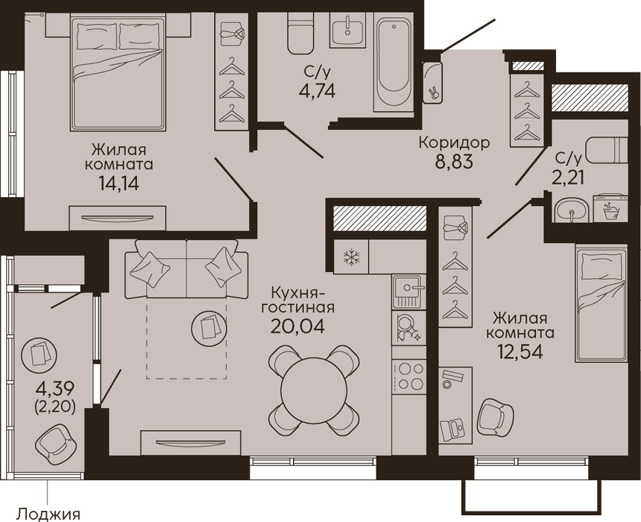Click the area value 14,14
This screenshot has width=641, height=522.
[x=119, y=183]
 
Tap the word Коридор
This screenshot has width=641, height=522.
[x=454, y=142]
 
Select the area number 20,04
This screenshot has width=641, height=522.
[x=297, y=326]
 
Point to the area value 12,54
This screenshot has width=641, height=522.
[x=520, y=351]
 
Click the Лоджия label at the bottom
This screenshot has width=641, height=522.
[x=48, y=513]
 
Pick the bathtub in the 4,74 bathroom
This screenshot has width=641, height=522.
[x=394, y=61]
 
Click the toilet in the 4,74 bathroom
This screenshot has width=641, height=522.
[x=300, y=33]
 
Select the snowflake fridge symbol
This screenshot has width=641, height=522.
[x=351, y=257]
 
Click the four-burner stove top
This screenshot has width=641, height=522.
[x=408, y=377]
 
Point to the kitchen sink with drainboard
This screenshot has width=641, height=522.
[x=408, y=292]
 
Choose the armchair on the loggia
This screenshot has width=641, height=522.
[x=56, y=443]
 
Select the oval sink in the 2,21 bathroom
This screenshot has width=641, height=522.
[x=571, y=210]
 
